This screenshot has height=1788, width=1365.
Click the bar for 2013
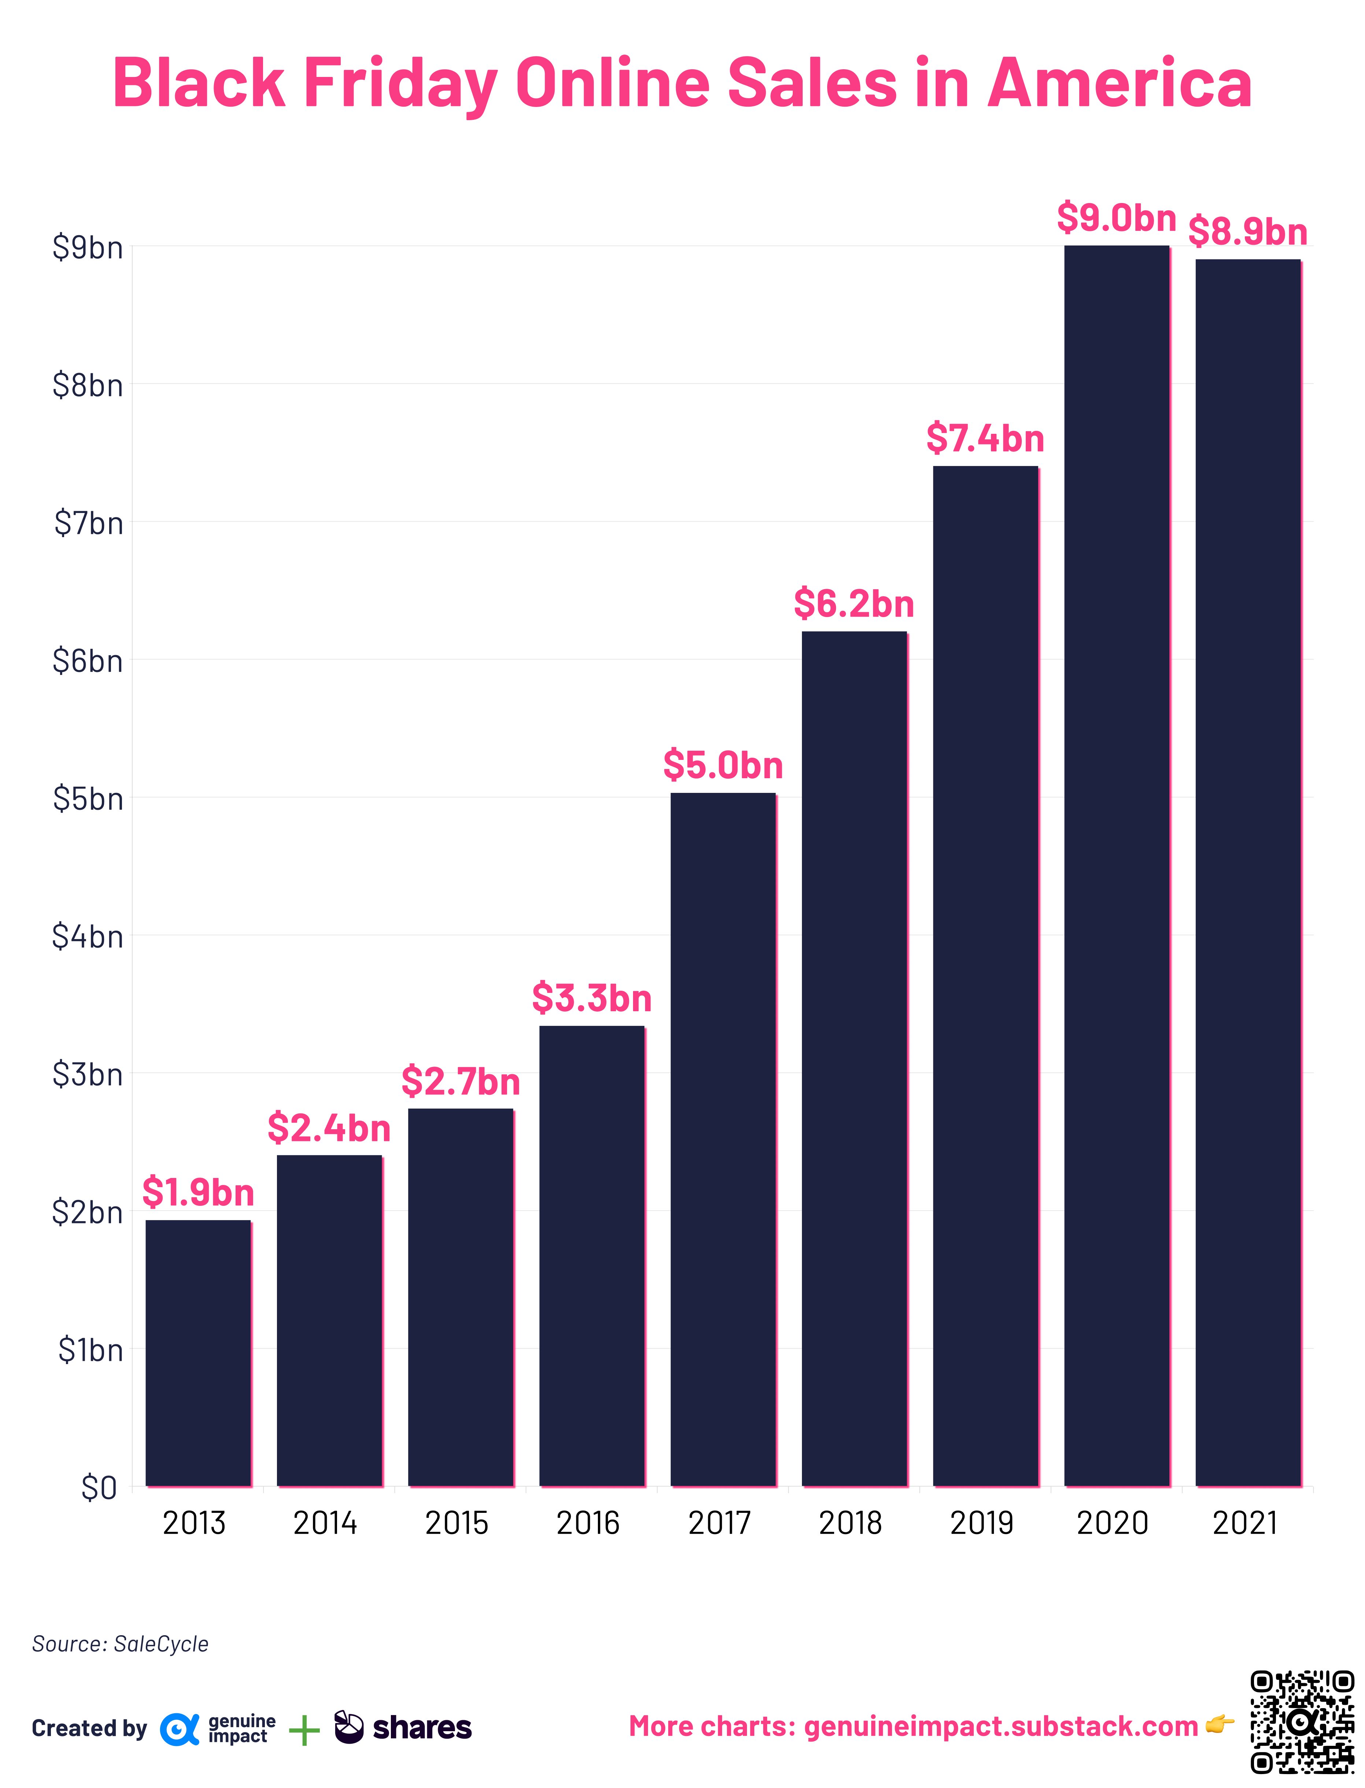tap(198, 1353)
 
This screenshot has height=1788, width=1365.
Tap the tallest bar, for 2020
tap(1116, 865)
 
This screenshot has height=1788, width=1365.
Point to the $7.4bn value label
tap(985, 439)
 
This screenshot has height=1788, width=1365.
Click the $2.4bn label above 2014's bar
tap(329, 1128)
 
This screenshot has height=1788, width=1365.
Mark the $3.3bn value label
tap(592, 998)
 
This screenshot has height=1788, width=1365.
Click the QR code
tap(1302, 1721)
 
